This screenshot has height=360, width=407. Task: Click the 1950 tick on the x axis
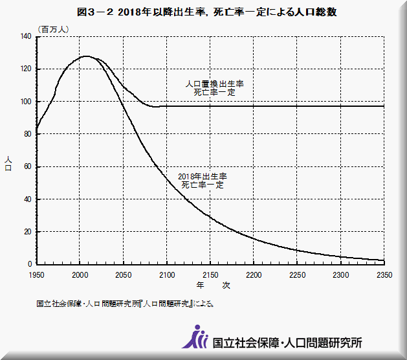(36, 274)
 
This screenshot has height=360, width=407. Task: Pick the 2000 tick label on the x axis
(80, 274)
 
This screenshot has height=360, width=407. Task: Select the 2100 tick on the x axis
(167, 274)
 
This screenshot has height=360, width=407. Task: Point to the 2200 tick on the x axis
(254, 274)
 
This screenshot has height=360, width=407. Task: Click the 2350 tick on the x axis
(384, 274)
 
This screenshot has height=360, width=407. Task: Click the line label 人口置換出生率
(214, 84)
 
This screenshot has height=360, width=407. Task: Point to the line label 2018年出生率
(203, 176)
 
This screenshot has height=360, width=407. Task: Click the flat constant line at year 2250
(297, 106)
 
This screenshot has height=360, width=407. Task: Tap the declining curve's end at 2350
(384, 260)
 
